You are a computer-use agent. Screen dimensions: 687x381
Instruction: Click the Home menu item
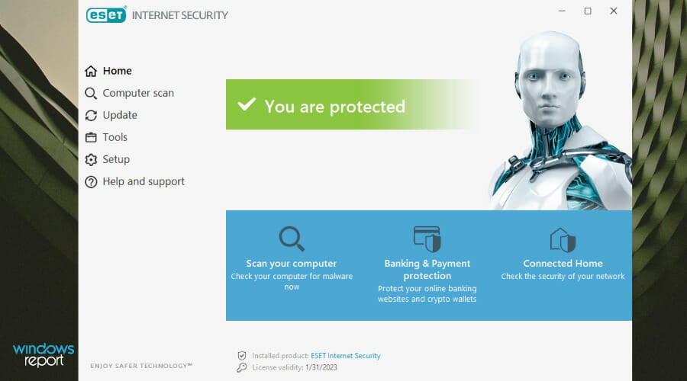click(108, 71)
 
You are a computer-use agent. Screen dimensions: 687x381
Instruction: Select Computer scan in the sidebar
click(129, 93)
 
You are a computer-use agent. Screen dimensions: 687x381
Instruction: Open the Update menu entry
click(111, 115)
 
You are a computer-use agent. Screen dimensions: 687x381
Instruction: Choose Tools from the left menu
click(106, 137)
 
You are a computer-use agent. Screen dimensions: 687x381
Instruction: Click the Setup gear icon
click(91, 160)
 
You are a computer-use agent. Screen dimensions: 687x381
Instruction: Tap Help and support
click(134, 181)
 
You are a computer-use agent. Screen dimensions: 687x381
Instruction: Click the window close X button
click(614, 11)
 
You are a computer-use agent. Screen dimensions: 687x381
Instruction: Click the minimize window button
click(562, 11)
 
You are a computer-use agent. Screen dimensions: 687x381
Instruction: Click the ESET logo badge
click(106, 15)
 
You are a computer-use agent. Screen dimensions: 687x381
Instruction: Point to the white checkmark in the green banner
click(247, 104)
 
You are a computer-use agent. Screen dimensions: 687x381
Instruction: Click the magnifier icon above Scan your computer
click(292, 239)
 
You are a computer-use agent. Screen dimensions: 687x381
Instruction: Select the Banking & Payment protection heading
click(427, 270)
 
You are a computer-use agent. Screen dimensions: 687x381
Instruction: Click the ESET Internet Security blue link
click(346, 356)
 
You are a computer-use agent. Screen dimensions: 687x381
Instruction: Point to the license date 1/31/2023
click(321, 367)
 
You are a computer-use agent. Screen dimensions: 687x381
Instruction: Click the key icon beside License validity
click(241, 367)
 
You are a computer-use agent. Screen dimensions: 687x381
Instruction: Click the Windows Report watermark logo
click(44, 355)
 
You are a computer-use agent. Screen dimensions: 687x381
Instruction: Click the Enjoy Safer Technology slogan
click(141, 366)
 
